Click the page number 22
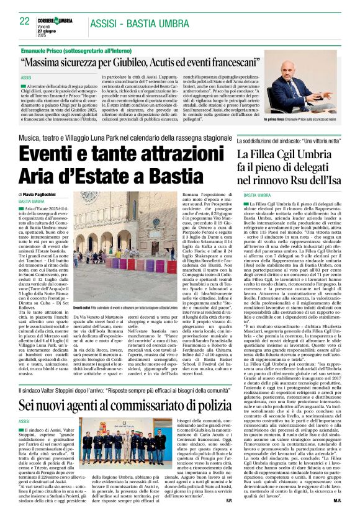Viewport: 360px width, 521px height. point(24,21)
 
